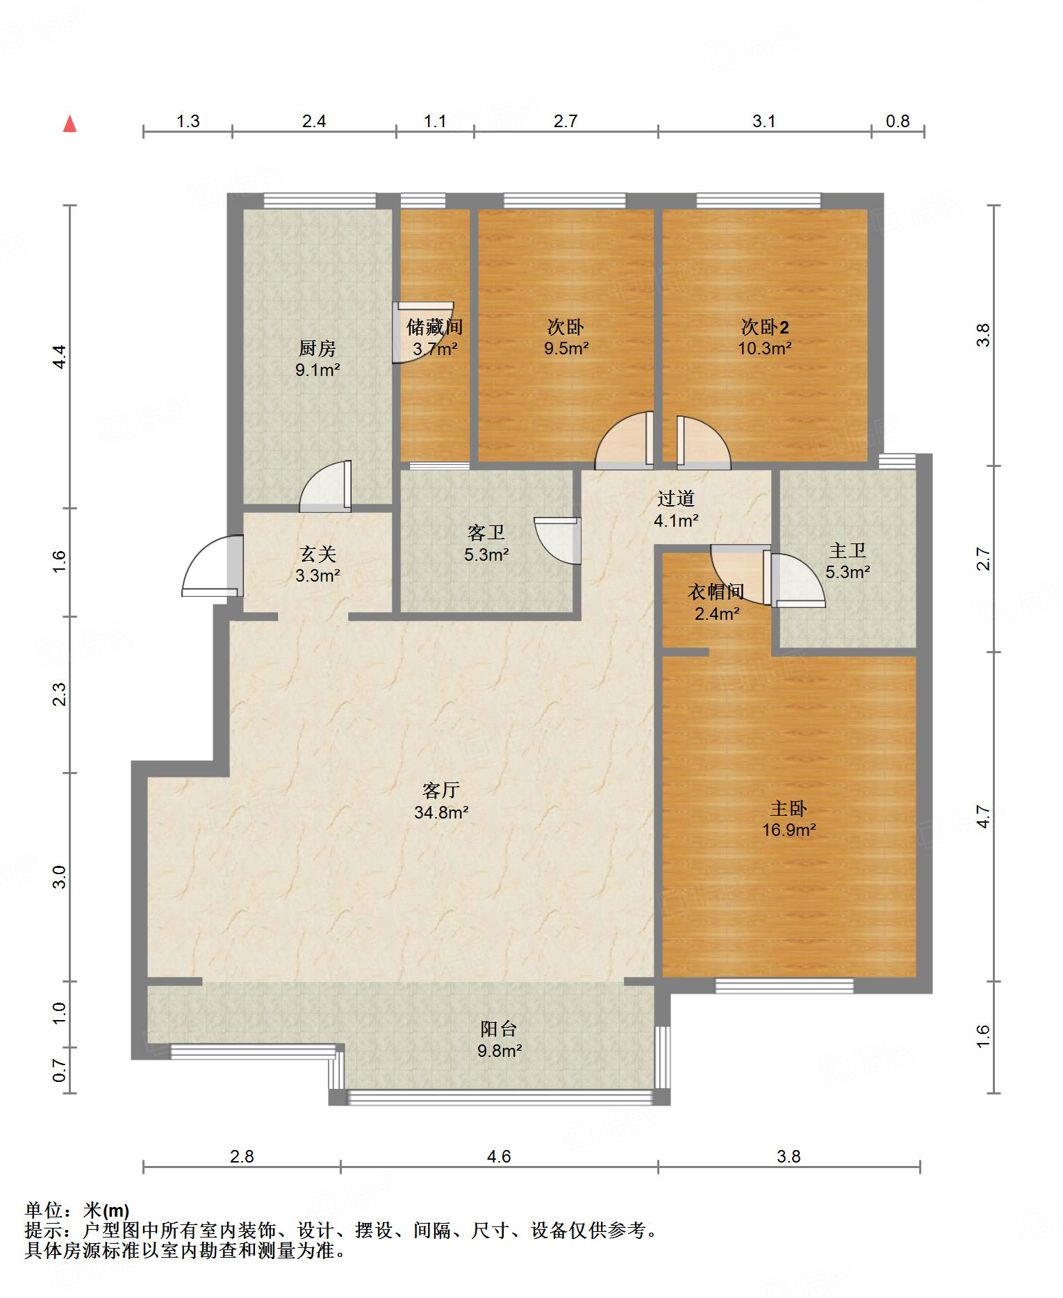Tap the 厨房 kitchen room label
click(317, 347)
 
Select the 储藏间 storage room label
click(435, 327)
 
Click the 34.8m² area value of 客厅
click(441, 812)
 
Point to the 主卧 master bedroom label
click(789, 808)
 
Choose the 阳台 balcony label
click(499, 1029)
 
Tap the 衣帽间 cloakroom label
click(716, 592)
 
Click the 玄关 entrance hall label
click(318, 554)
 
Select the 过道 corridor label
click(676, 498)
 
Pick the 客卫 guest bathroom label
click(486, 533)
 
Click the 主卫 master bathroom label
click(848, 550)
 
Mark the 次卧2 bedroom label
click(765, 327)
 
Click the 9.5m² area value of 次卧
click(566, 348)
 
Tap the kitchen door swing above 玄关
click(325, 486)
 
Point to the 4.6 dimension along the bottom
click(499, 1156)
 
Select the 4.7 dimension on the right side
click(982, 816)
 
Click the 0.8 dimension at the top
click(898, 122)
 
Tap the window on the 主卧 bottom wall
click(784, 985)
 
